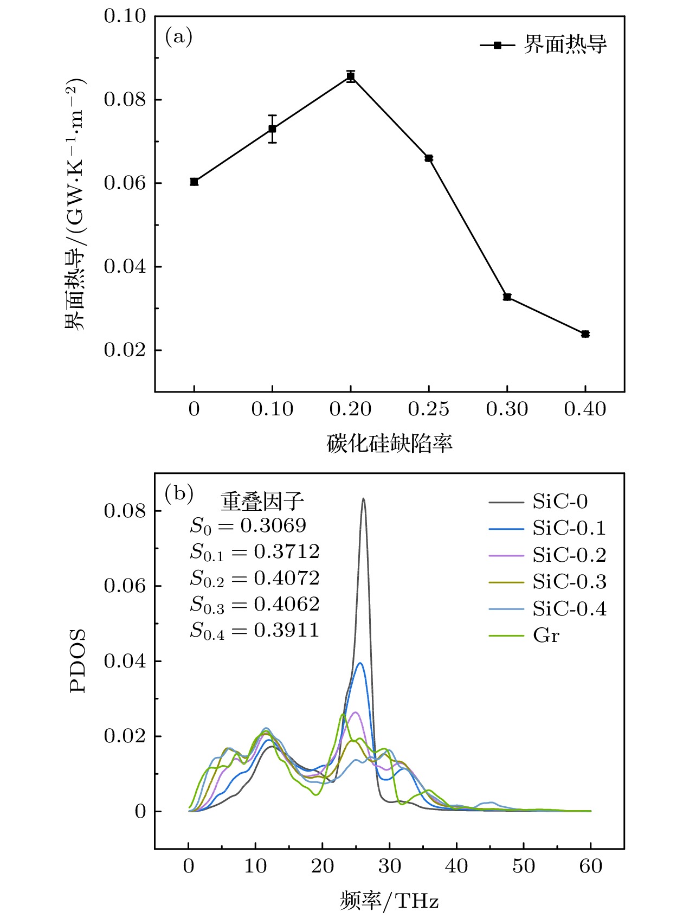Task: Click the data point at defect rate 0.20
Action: point(351,76)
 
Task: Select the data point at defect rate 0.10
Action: point(272,129)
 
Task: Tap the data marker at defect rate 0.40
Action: point(585,334)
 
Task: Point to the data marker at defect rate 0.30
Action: point(507,297)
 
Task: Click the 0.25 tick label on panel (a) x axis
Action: point(428,409)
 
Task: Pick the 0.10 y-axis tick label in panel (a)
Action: point(125,16)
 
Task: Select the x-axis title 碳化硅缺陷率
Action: point(389,444)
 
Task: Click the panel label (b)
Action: point(179,493)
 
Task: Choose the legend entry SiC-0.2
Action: point(569,555)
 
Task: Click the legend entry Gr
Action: point(546,635)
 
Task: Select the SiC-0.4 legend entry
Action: point(569,609)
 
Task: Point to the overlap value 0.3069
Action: point(273,525)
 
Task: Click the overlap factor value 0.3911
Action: point(286,630)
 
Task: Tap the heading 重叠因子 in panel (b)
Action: point(262,502)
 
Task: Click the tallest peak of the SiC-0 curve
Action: point(363,499)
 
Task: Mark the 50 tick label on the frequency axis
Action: point(523,866)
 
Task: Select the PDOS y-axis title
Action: point(78,660)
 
